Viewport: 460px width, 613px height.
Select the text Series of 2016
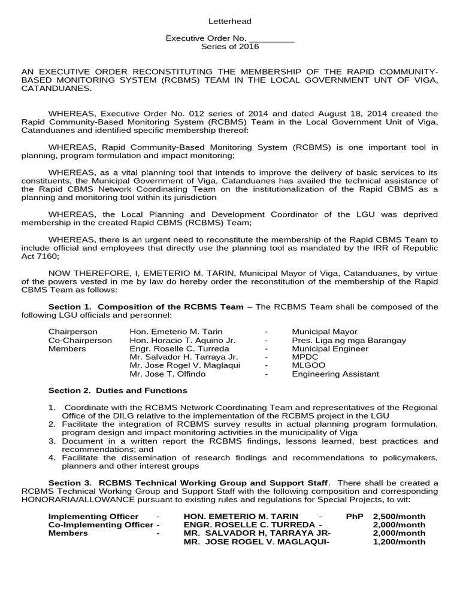click(230, 47)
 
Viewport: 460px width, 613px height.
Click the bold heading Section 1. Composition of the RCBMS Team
click(146, 306)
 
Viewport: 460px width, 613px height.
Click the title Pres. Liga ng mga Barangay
click(349, 340)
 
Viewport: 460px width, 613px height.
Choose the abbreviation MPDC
click(304, 357)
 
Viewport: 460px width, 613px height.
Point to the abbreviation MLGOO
click(307, 365)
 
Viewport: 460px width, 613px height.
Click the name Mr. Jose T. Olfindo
click(167, 374)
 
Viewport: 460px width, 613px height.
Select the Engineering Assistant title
click(335, 374)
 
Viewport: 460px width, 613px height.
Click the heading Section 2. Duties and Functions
click(117, 390)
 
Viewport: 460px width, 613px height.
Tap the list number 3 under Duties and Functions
click(52, 441)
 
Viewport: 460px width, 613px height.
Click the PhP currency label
click(355, 516)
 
